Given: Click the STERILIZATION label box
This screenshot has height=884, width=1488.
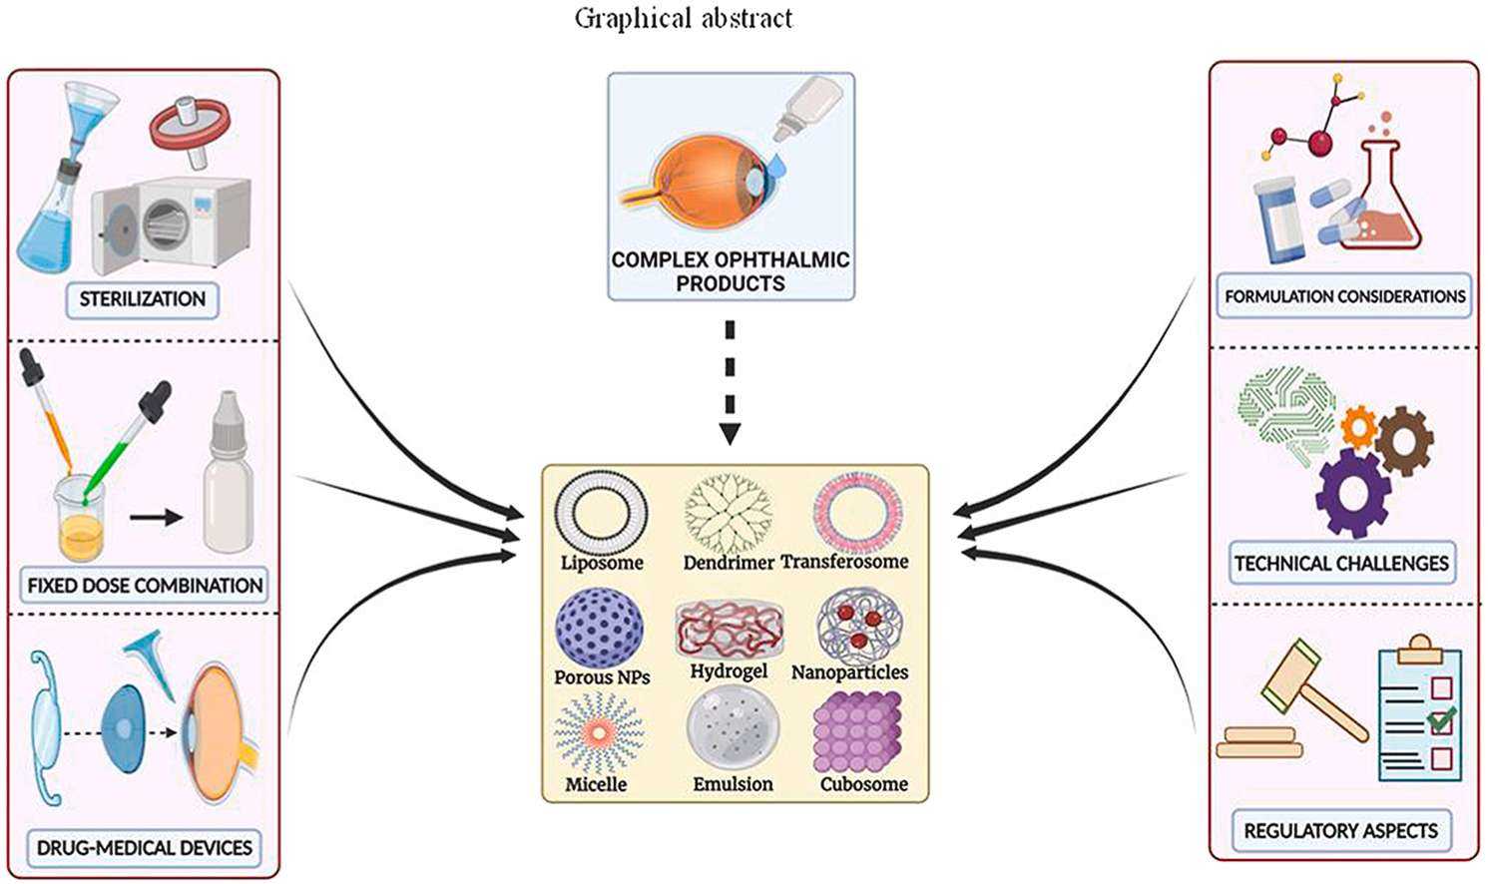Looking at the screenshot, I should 142,299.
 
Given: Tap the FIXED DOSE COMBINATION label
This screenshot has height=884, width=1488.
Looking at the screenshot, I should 145,585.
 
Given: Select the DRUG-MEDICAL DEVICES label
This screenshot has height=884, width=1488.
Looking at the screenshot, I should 145,848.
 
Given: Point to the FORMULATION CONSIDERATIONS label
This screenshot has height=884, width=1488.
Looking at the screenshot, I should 1344,296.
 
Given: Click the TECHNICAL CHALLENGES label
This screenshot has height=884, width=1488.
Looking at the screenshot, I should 1341,564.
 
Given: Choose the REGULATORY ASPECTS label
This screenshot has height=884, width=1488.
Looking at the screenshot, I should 1340,830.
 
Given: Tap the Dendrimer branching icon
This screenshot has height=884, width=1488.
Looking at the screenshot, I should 729,514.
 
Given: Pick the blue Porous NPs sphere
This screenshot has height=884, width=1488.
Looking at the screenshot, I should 599,630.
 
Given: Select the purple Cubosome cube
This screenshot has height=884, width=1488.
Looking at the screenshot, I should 858,733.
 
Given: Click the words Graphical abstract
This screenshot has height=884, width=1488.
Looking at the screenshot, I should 684,18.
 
